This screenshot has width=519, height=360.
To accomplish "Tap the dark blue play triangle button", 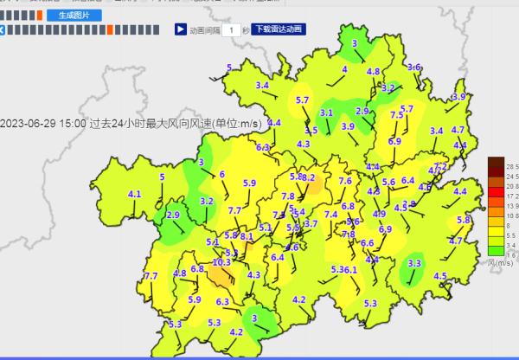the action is tap(180, 29).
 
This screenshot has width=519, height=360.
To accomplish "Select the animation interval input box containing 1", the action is tap(230, 30).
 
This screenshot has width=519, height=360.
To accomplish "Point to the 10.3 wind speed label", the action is tap(221, 262).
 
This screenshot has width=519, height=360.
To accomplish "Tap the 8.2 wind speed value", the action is tap(309, 178).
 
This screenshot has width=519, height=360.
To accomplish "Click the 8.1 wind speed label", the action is tap(247, 236).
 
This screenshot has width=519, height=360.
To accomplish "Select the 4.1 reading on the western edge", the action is tap(134, 195).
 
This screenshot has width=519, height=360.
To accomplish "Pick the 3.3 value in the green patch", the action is tap(414, 263).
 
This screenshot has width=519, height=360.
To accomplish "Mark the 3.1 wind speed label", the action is tap(326, 112).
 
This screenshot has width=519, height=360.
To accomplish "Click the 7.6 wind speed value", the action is tap(345, 181).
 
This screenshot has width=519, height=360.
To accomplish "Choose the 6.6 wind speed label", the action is tap(367, 243).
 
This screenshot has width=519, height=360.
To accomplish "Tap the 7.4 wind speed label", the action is tap(330, 215).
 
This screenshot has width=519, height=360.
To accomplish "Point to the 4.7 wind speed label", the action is tap(456, 241).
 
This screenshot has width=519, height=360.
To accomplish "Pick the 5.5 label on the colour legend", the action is tap(511, 235).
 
